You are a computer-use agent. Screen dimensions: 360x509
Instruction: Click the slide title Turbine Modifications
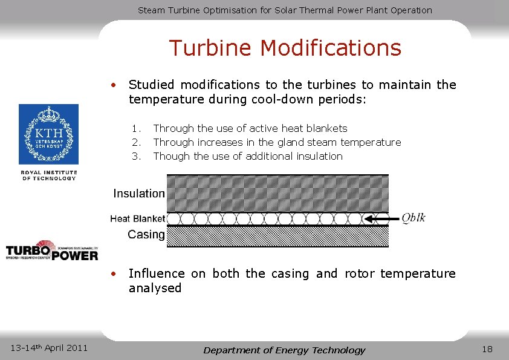[285, 48]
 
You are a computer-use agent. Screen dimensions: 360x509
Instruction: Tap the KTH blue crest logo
[48, 134]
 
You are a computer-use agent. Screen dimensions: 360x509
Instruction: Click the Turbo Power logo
[52, 250]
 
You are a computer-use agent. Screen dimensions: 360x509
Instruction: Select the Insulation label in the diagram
[138, 194]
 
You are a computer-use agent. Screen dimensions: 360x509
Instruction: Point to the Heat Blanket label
[137, 218]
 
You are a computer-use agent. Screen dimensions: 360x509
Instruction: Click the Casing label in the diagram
[146, 234]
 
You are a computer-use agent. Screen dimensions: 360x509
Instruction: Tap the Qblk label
[413, 218]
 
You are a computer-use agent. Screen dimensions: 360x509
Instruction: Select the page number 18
[487, 349]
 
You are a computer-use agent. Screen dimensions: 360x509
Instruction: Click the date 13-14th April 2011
[50, 347]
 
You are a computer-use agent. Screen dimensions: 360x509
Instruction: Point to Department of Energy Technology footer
[284, 350]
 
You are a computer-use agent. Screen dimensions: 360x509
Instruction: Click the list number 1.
[137, 128]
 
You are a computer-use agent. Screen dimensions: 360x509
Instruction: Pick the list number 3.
[137, 156]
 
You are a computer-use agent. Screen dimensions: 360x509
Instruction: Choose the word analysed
[155, 289]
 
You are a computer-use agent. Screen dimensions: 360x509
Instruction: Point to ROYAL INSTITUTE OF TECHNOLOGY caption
[49, 175]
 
